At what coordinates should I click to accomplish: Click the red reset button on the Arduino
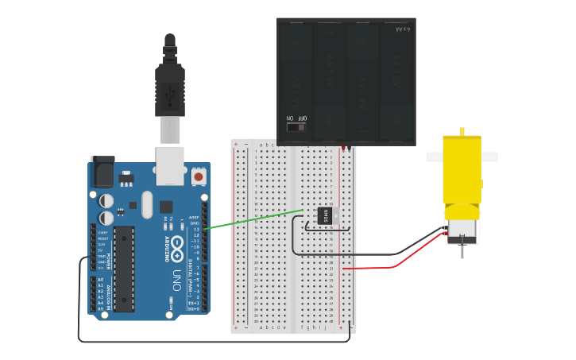pyautogui.click(x=197, y=176)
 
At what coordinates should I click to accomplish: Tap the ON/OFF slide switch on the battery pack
pyautogui.click(x=296, y=126)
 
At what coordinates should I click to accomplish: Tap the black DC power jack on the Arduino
pyautogui.click(x=102, y=171)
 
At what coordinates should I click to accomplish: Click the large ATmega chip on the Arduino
pyautogui.click(x=123, y=269)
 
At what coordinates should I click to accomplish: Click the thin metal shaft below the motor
pyautogui.click(x=462, y=251)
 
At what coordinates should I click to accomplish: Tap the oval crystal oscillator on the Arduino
pyautogui.click(x=147, y=204)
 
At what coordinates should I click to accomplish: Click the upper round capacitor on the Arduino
pyautogui.click(x=106, y=200)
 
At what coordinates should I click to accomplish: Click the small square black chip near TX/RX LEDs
pyautogui.click(x=166, y=207)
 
